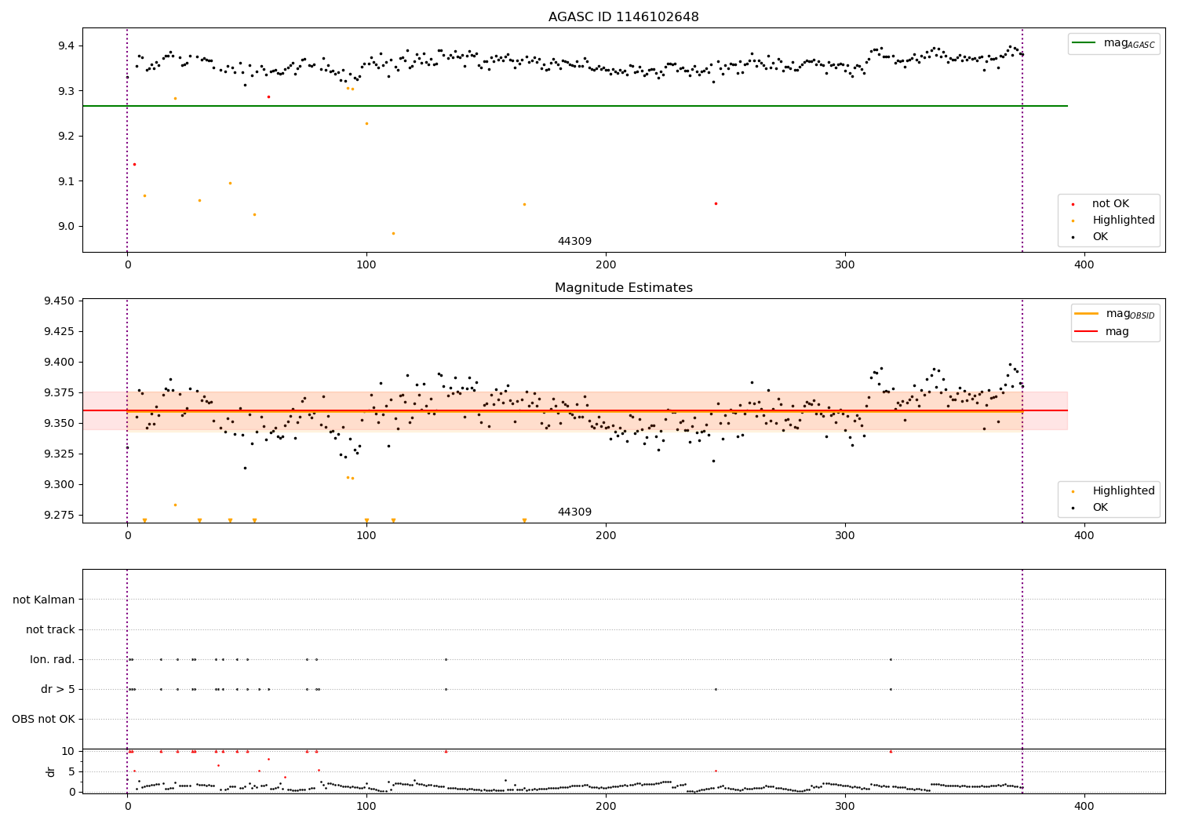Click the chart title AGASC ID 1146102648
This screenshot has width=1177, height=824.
[623, 17]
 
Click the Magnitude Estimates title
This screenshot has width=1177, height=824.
[623, 288]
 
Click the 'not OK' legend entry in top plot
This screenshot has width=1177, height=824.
[1110, 204]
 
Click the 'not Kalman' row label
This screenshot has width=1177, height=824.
[44, 600]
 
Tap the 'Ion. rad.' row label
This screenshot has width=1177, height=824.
[53, 660]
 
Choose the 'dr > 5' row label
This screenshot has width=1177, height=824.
[57, 690]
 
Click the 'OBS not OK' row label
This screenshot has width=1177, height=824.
[43, 720]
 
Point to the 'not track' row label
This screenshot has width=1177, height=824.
[50, 629]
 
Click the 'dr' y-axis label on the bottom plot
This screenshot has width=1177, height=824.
[51, 771]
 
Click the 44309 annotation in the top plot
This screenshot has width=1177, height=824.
[574, 242]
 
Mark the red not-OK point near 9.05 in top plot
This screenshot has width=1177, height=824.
[716, 203]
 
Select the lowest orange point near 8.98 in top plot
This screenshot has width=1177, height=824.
[393, 233]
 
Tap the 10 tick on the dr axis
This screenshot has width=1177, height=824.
[67, 751]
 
